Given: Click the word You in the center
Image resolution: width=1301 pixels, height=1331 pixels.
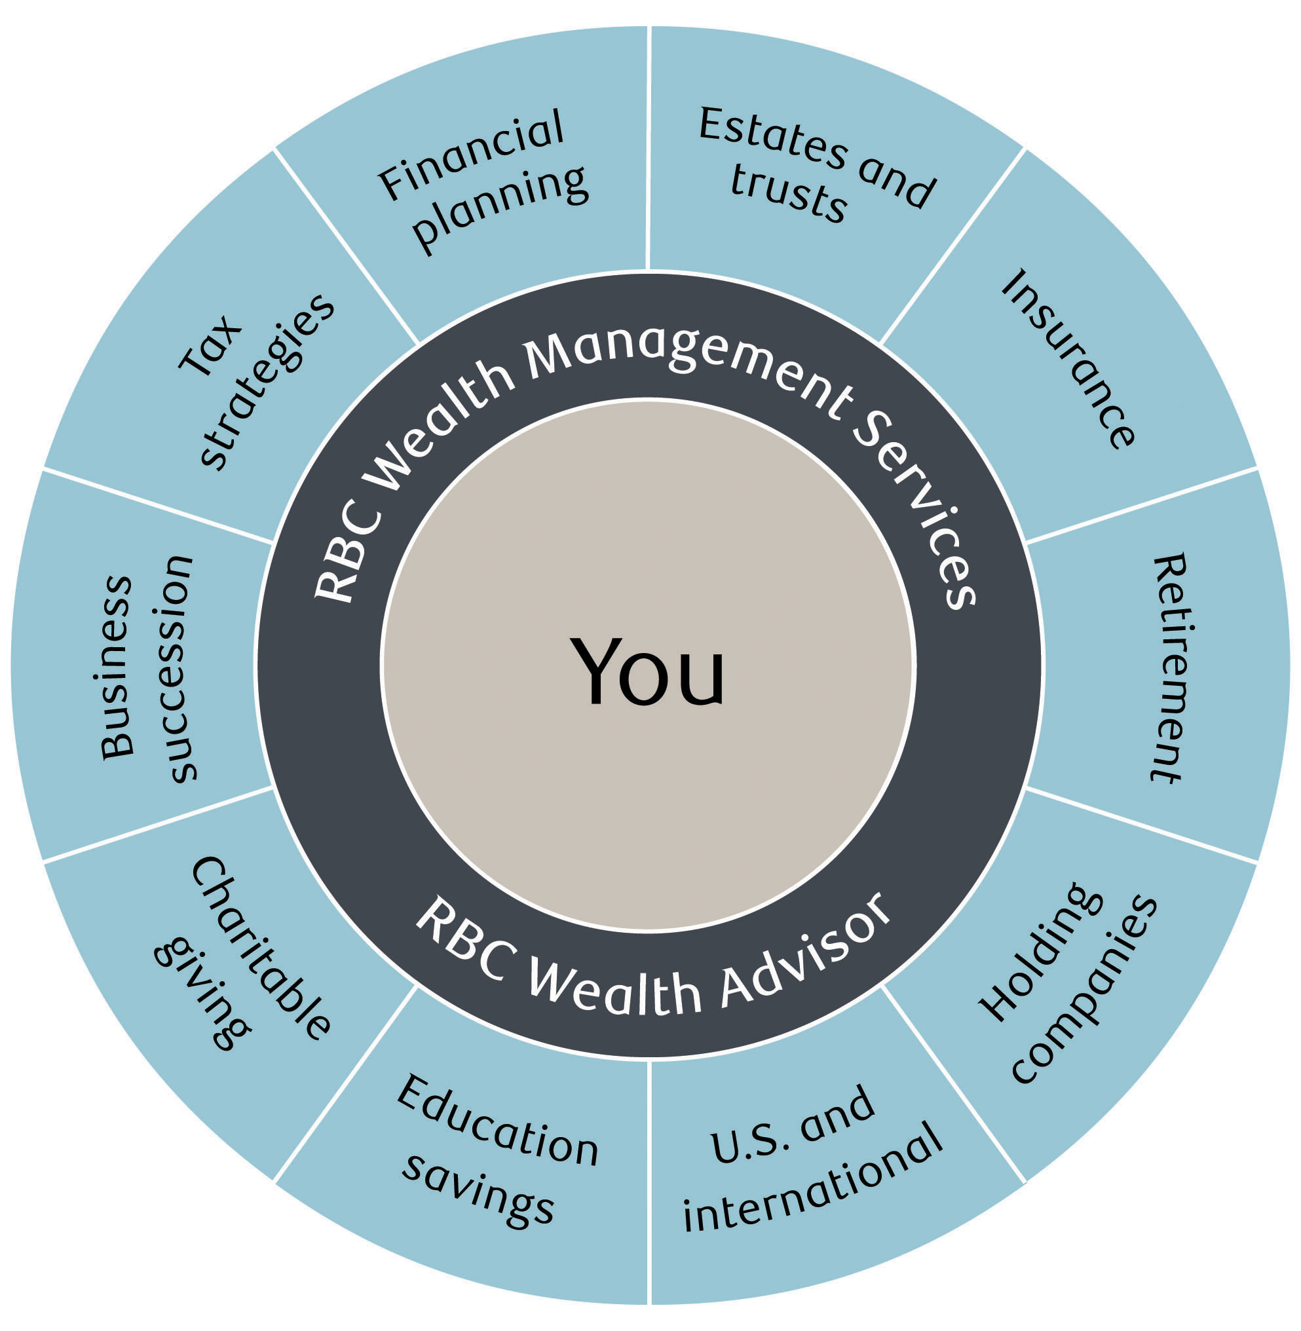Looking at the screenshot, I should [648, 671].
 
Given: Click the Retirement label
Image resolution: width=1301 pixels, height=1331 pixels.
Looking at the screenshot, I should [1169, 667].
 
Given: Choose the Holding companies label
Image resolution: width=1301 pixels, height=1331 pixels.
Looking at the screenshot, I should [1066, 983].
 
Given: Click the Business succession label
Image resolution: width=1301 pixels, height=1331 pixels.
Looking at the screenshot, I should [146, 667].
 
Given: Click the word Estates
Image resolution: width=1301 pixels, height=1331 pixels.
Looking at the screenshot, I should [772, 137].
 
